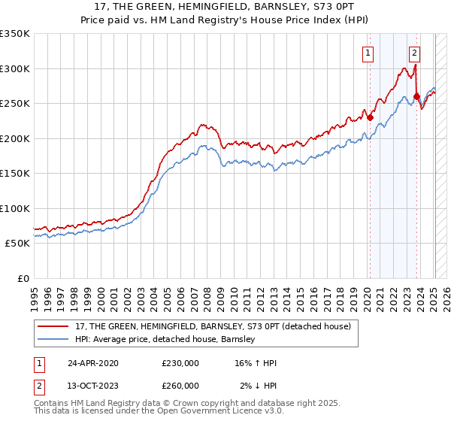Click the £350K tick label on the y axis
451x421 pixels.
(x=15, y=34)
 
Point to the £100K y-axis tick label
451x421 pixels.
(x=15, y=208)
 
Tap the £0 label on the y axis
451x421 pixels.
(x=23, y=278)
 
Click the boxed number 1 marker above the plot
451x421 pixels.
(x=368, y=53)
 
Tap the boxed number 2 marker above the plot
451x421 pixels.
(x=415, y=53)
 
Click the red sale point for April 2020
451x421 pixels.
(x=370, y=117)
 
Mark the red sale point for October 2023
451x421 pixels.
(x=416, y=96)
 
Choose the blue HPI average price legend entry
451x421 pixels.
(x=165, y=340)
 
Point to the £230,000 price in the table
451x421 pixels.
(x=180, y=363)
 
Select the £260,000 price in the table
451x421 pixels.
(x=180, y=386)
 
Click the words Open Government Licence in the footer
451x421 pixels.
(x=213, y=411)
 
